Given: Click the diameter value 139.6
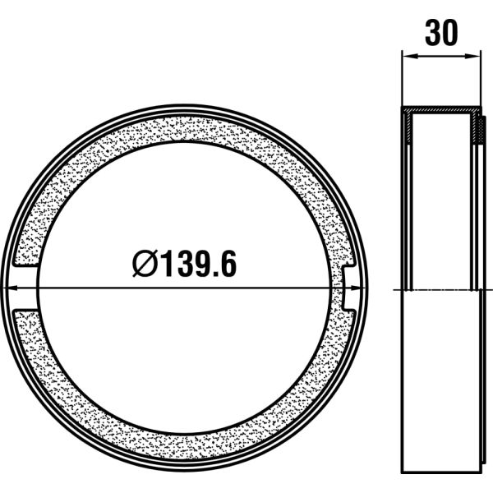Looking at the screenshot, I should point(197,265).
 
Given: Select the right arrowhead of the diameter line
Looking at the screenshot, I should point(359,287).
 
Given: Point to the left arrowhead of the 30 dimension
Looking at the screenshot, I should point(406,57).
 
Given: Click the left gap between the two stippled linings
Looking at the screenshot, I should point(25,287).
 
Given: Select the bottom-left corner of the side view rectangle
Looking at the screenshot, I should point(403,469).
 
